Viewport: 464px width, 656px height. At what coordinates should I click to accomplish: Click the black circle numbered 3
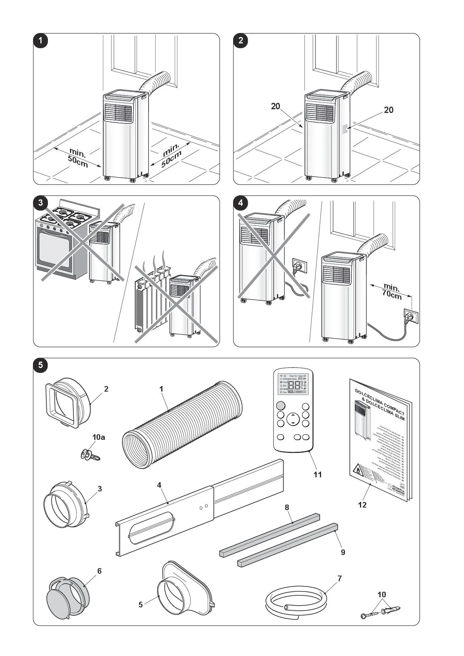40,203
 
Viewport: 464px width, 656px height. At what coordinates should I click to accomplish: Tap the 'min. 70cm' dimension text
391,291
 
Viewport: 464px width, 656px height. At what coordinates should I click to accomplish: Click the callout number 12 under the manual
362,505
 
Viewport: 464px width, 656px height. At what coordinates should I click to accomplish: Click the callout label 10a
99,437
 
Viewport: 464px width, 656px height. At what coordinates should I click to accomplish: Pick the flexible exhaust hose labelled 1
182,424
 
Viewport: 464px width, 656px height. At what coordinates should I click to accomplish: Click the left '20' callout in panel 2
275,106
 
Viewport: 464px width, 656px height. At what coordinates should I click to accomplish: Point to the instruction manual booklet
379,439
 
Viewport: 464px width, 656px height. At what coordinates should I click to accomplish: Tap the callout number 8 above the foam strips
287,507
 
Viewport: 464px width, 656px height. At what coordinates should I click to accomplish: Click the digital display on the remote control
293,386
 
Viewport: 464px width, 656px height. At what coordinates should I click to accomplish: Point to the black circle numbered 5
40,365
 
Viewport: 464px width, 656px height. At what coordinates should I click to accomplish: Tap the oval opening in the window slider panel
152,528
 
